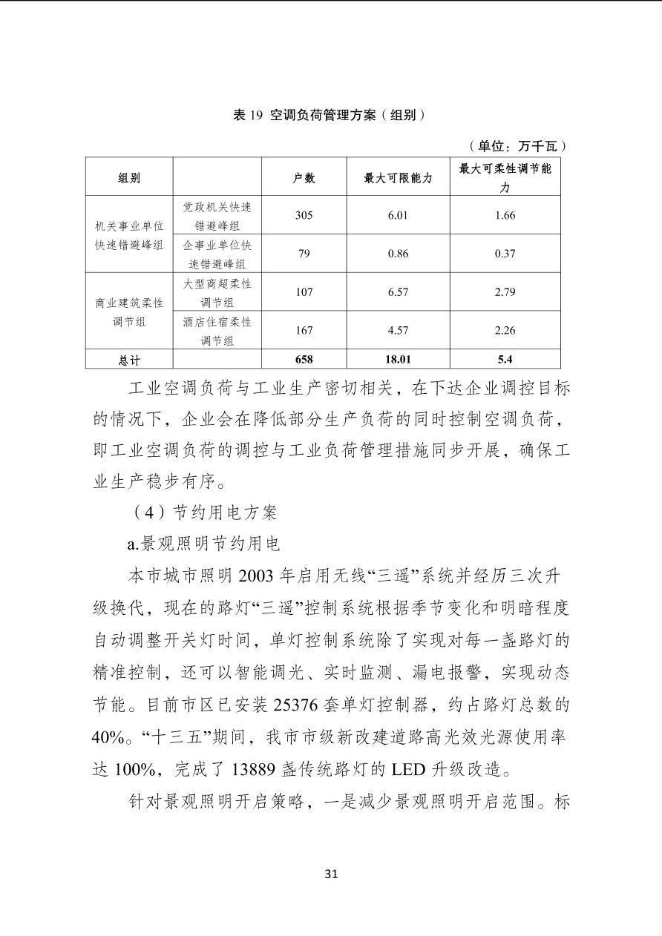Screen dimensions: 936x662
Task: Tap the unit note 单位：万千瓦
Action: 518,146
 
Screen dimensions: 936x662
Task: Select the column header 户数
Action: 304,177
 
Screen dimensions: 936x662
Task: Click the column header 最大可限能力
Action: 398,177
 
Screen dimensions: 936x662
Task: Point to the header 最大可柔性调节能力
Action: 505,177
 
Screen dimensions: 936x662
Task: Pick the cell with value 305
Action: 304,216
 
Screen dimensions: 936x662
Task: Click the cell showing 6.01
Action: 398,216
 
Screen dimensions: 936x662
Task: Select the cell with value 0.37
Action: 505,254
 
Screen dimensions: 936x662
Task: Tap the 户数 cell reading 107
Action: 304,292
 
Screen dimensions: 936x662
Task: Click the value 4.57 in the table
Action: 398,330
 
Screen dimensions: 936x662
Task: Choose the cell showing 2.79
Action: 505,292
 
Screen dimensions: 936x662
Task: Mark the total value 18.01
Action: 398,360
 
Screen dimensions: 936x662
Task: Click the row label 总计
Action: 129,360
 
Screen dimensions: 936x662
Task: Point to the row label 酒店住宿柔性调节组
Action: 217,331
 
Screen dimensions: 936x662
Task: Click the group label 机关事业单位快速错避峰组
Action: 129,235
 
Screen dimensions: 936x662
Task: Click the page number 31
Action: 331,874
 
